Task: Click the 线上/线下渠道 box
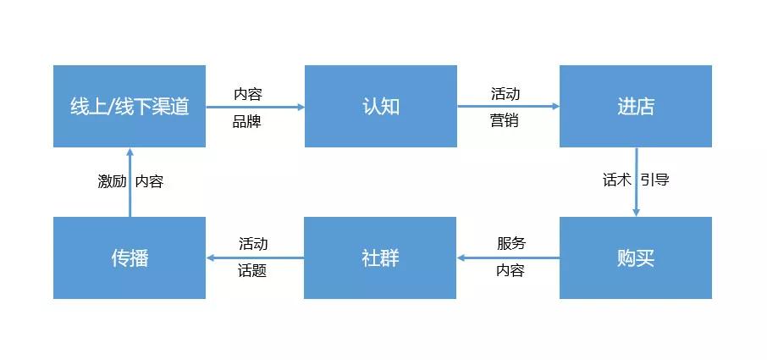click(x=130, y=106)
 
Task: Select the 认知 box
click(x=381, y=106)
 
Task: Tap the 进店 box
click(x=636, y=106)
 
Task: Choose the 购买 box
click(x=636, y=258)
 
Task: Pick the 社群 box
click(x=380, y=258)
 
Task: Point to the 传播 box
click(x=130, y=258)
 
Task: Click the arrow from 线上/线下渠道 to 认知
click(x=255, y=107)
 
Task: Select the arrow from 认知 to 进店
click(x=508, y=106)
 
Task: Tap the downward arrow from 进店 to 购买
click(x=636, y=182)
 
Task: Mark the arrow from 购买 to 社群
click(x=508, y=258)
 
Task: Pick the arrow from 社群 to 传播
click(x=255, y=258)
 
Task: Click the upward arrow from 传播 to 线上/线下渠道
click(x=130, y=182)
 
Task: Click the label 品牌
click(x=247, y=121)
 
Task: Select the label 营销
click(x=505, y=120)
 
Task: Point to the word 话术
click(x=617, y=180)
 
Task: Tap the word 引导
click(x=655, y=180)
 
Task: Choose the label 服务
click(x=511, y=243)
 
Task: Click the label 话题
click(x=252, y=271)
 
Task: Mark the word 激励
click(x=112, y=182)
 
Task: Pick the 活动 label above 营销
click(x=505, y=93)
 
